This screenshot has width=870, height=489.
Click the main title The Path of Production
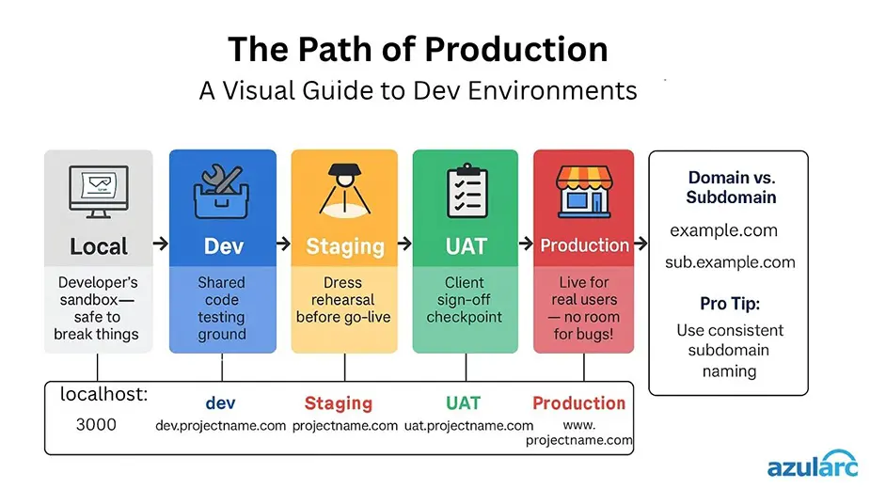(418, 49)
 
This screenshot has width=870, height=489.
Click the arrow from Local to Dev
(160, 244)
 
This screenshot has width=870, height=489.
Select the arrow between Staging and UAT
(403, 244)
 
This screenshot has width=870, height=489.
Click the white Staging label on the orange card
(344, 247)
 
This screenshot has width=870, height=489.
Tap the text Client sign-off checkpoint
(465, 299)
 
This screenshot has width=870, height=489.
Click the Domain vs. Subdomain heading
(731, 187)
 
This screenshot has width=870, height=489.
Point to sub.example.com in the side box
(730, 262)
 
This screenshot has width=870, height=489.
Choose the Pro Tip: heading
(729, 304)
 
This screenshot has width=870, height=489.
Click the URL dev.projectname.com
(220, 426)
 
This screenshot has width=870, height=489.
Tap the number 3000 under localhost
(96, 425)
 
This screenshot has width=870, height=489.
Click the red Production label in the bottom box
(578, 402)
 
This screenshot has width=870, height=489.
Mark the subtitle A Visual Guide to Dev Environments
(418, 91)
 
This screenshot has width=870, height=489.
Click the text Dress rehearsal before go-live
(344, 299)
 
